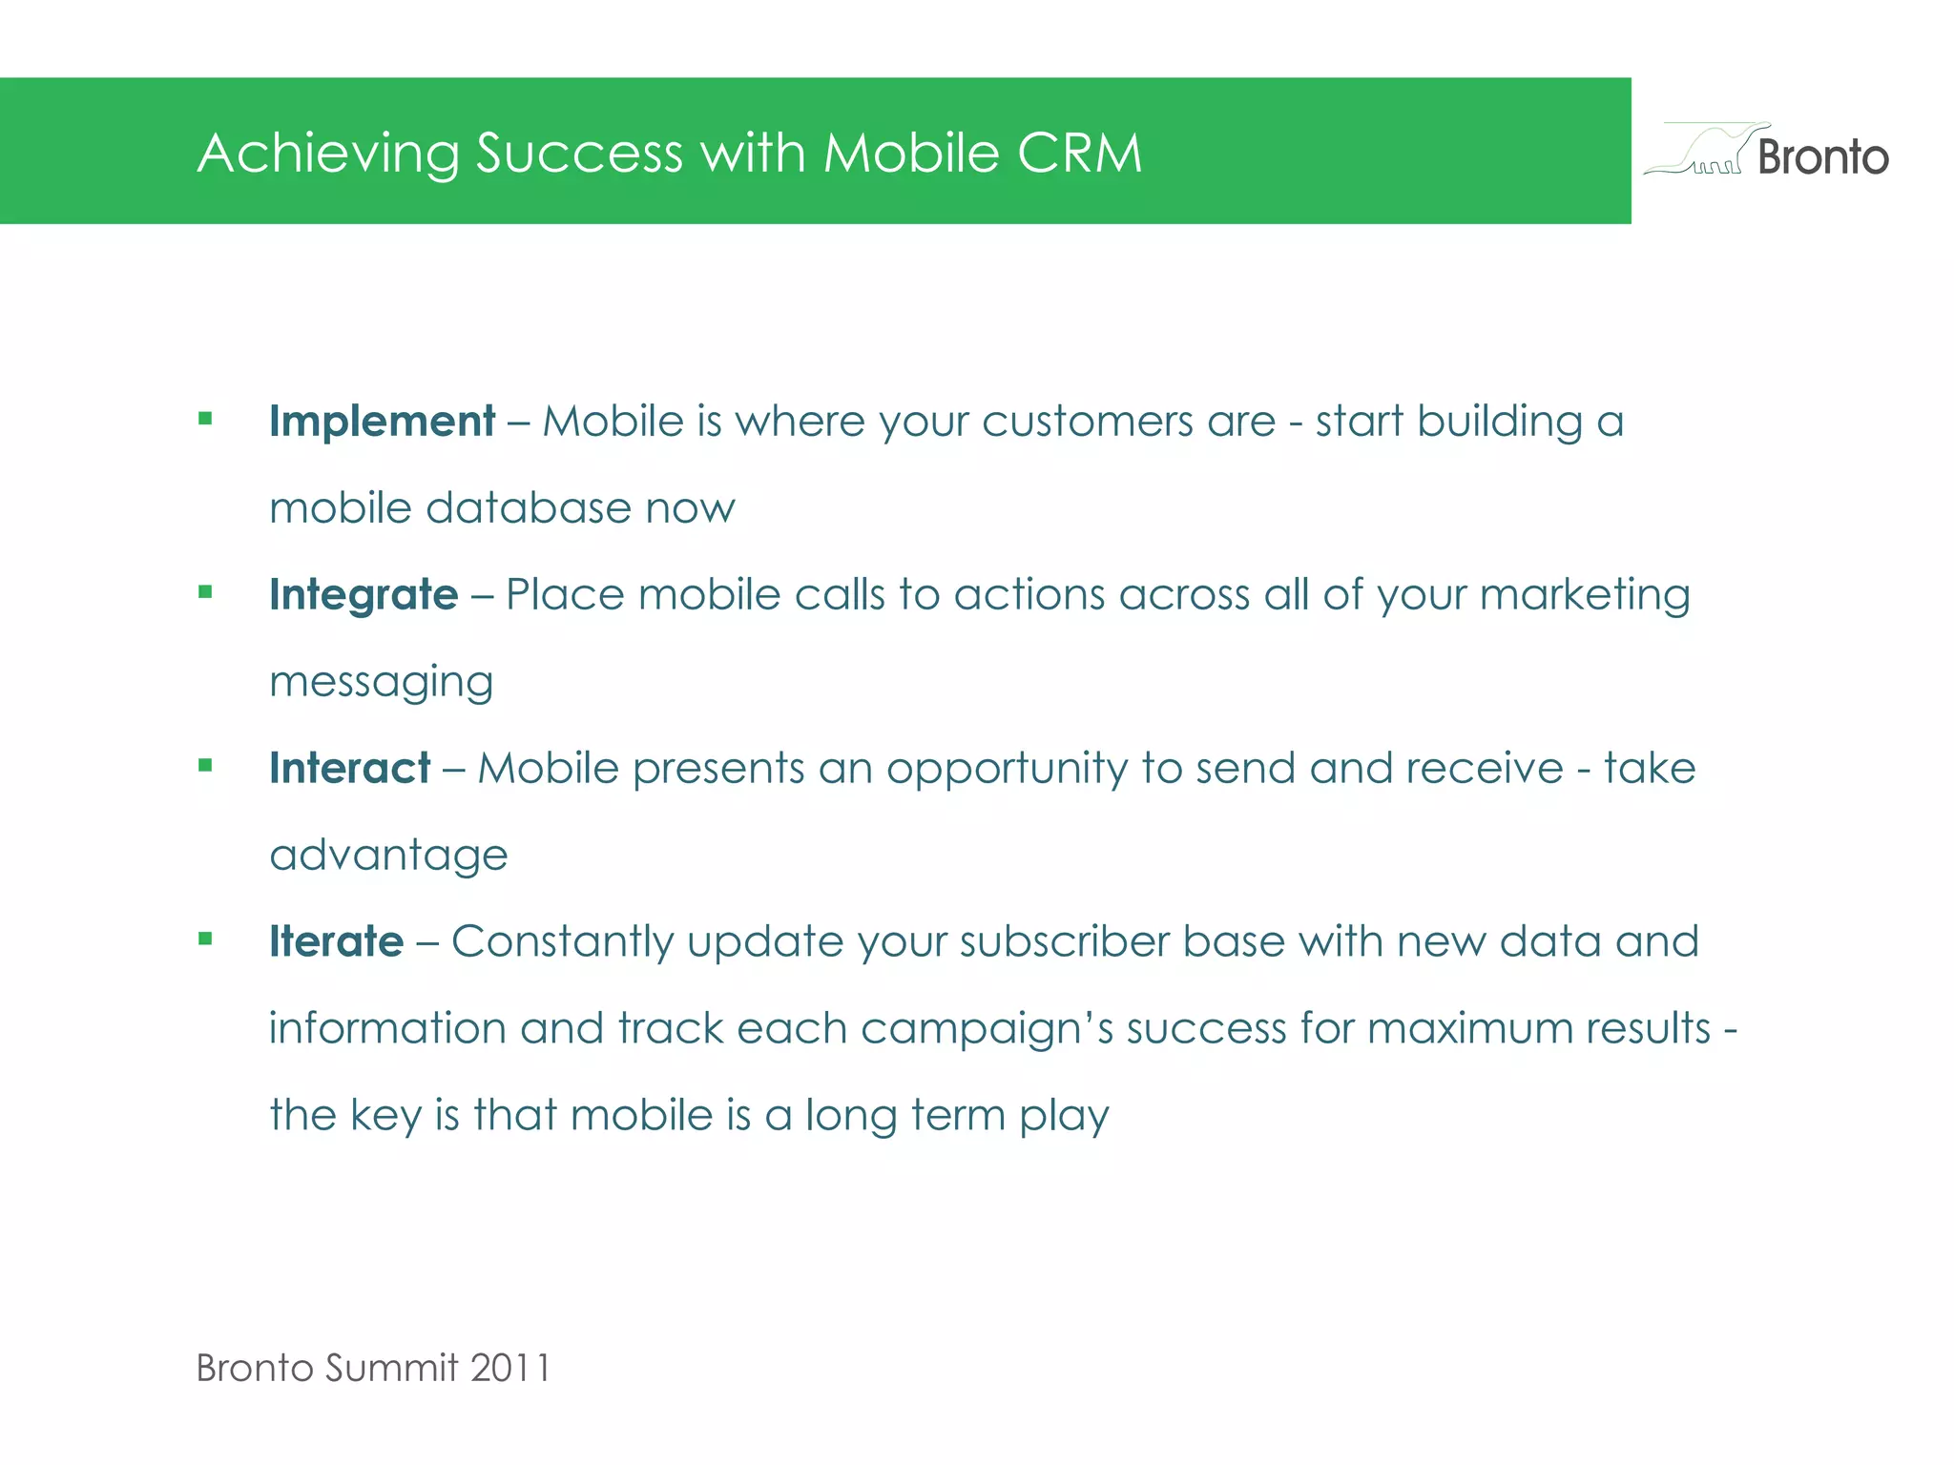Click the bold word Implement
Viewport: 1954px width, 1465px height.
coord(382,422)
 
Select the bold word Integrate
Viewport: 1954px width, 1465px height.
coord(364,595)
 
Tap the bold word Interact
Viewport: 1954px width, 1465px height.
coord(349,769)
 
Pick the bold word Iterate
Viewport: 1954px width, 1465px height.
coord(336,942)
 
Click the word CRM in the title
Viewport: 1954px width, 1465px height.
coord(1079,153)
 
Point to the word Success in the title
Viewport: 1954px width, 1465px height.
coord(579,153)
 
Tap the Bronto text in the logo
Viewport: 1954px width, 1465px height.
coord(1822,157)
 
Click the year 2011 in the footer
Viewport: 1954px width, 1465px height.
coord(510,1368)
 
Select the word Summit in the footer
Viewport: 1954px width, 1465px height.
coord(391,1368)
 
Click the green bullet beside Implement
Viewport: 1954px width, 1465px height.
coord(205,418)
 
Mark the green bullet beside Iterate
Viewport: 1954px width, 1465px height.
coord(205,939)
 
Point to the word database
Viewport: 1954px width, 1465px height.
coord(528,508)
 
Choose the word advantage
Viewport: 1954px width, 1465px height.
coord(388,856)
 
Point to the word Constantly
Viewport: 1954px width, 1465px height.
coord(562,942)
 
